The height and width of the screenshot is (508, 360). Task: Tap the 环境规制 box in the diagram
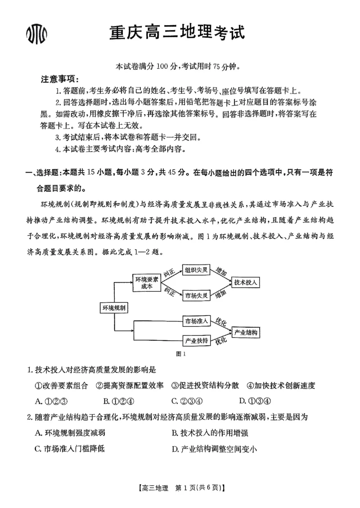pos(113,307)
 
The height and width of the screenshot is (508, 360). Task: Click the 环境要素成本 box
pos(147,283)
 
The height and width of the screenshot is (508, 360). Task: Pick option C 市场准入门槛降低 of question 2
pos(69,449)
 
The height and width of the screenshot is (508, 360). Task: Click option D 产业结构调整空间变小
pos(214,449)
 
